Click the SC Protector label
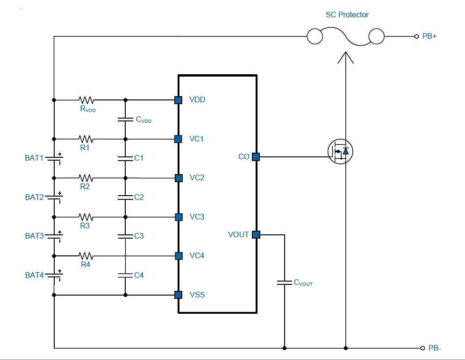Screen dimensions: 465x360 pyautogui.click(x=347, y=15)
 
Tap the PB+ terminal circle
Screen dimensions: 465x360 pyautogui.click(x=416, y=36)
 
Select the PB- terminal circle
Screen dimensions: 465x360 pyautogui.click(x=422, y=348)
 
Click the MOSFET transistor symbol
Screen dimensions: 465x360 pyautogui.click(x=340, y=151)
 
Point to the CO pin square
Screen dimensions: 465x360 pyautogui.click(x=256, y=157)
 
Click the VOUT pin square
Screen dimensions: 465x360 pyautogui.click(x=256, y=235)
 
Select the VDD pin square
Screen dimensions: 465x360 pyautogui.click(x=178, y=100)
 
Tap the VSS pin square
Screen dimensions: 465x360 pyautogui.click(x=178, y=295)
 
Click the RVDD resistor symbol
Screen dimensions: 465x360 pyautogui.click(x=86, y=100)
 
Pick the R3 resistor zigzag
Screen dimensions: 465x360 pyautogui.click(x=86, y=217)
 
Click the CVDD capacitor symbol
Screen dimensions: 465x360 pyautogui.click(x=125, y=120)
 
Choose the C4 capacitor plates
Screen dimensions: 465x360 pyautogui.click(x=125, y=275)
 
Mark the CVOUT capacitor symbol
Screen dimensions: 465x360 pyautogui.click(x=285, y=282)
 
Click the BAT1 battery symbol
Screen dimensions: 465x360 pyautogui.click(x=54, y=158)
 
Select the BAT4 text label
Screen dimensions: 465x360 pyautogui.click(x=35, y=275)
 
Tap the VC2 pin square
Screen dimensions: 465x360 pyautogui.click(x=179, y=178)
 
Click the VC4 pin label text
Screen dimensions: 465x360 pyautogui.click(x=197, y=256)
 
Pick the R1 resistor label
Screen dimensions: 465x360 pyautogui.click(x=85, y=148)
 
